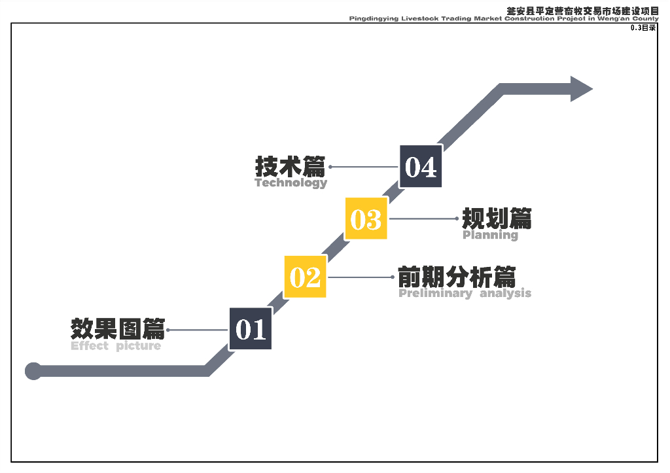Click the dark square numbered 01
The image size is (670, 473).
coord(251,328)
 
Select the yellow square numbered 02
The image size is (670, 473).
coord(305,277)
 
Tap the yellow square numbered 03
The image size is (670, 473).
coord(366,219)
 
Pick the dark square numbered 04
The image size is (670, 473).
coord(421,166)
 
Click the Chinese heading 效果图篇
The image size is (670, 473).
coord(118,328)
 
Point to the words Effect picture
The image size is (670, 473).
coord(116,346)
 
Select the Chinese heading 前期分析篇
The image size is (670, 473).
coord(457,277)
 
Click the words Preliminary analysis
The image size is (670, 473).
coord(465,294)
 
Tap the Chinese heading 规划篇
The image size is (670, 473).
coord(497,218)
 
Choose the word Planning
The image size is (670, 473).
coord(490,236)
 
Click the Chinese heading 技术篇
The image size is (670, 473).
coord(290,166)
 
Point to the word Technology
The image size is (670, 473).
coord(291,183)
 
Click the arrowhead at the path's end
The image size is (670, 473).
coord(580,89)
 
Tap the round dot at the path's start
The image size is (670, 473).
coord(33,371)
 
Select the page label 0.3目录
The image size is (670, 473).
coord(643,28)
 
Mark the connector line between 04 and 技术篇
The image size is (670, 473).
coord(364,167)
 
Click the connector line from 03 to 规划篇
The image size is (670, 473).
coord(423,219)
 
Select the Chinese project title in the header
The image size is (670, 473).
coord(582,11)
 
